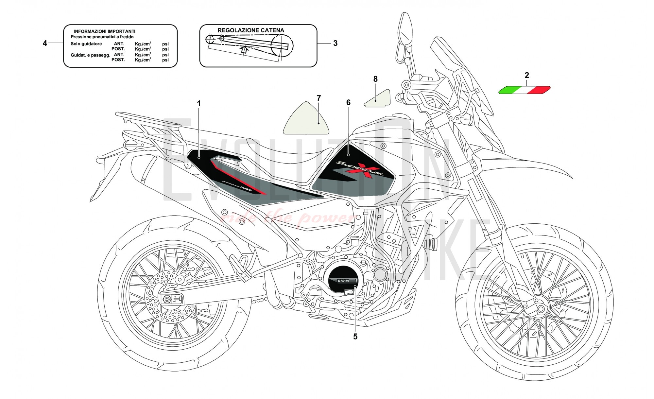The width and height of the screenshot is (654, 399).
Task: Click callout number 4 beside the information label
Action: pos(45,43)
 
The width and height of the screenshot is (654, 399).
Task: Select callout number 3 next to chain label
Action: pos(335,43)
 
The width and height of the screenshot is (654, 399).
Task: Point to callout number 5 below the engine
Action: pos(355,337)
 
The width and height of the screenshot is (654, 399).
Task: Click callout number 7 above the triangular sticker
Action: pos(318,98)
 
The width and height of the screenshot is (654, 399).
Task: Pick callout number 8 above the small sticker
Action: pos(375,79)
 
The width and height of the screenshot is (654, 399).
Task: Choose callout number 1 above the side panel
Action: pos(198,104)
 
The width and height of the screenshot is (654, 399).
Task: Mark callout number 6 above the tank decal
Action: pos(348,103)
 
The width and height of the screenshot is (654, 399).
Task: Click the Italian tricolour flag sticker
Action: pos(524,90)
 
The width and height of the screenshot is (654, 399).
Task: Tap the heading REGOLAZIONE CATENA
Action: pos(251,30)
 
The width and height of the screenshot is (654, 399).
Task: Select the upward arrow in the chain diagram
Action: pos(244,49)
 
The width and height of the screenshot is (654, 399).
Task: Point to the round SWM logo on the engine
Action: pos(343,280)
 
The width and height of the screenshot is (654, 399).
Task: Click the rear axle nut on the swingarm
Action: pos(166,299)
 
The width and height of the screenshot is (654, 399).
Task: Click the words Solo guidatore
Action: pos(86,44)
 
